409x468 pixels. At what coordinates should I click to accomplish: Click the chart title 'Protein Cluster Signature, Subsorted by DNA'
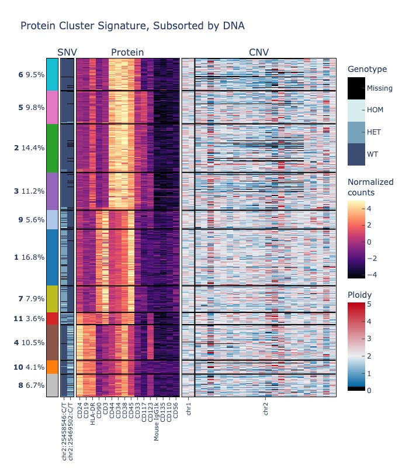coord(133,26)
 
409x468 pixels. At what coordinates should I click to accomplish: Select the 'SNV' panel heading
coord(67,52)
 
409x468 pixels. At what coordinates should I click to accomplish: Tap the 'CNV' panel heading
coord(259,52)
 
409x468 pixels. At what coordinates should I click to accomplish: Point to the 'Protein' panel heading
coord(127,52)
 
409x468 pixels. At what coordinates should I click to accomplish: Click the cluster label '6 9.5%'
coord(32,75)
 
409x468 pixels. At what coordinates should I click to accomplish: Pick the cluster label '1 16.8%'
coord(29,257)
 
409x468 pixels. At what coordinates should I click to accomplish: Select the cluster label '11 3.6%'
coord(29,319)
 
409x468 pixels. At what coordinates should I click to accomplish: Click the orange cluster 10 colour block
coord(53,367)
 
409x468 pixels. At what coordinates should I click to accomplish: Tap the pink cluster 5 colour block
coord(53,107)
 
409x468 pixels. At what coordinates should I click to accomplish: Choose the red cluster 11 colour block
coord(53,318)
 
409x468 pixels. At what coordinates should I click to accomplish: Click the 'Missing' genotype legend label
coord(379,88)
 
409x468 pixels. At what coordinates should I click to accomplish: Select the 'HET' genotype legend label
coord(374,132)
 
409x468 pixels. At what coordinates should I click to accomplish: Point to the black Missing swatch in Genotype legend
coord(356,88)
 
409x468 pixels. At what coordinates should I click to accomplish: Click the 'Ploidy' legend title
coord(359,295)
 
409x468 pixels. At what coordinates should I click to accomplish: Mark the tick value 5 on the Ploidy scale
coord(369,304)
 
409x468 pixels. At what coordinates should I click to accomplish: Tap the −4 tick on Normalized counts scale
coord(372,274)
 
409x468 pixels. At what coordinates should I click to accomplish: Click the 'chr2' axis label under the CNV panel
coord(266,408)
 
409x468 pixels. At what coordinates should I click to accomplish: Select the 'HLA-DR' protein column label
coord(92,414)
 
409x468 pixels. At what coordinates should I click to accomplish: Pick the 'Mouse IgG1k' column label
coord(157,421)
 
